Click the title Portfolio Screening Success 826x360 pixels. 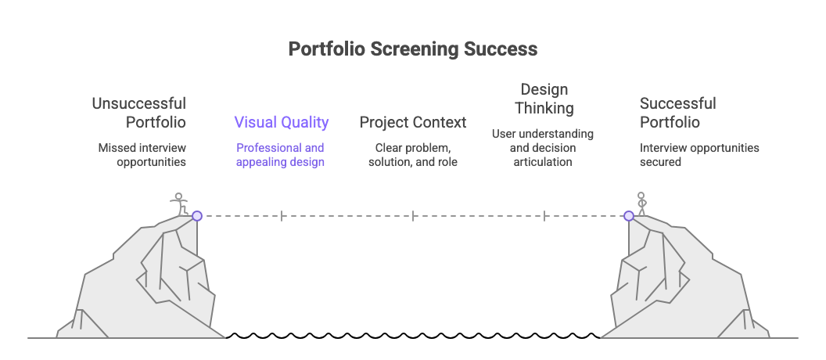[412, 49]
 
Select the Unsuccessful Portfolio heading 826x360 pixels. [139, 113]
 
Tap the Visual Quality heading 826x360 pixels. [281, 122]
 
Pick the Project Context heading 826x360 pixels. [412, 122]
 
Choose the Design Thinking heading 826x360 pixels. [544, 99]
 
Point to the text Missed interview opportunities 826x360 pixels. [142, 155]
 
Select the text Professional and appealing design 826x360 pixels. [281, 155]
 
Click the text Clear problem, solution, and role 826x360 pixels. [412, 155]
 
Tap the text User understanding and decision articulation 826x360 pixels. [543, 148]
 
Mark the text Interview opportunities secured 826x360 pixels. [699, 155]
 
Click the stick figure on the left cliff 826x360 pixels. [180, 203]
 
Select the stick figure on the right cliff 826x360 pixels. [641, 203]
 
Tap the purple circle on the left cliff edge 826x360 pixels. [197, 215]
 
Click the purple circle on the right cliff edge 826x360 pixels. [629, 215]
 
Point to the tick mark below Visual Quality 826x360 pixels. [282, 215]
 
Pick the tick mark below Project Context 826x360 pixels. [413, 215]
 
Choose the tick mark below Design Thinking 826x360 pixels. [544, 215]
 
